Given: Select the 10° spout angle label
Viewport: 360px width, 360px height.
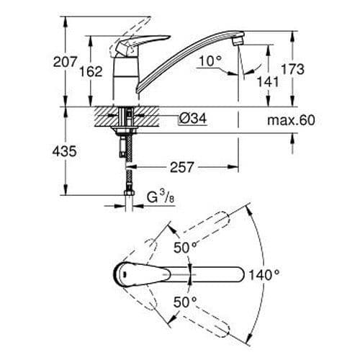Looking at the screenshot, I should (x=209, y=62).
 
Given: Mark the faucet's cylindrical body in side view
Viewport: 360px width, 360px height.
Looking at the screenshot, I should (x=127, y=83).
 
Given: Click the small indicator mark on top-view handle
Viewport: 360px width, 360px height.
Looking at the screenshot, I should (x=125, y=274).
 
